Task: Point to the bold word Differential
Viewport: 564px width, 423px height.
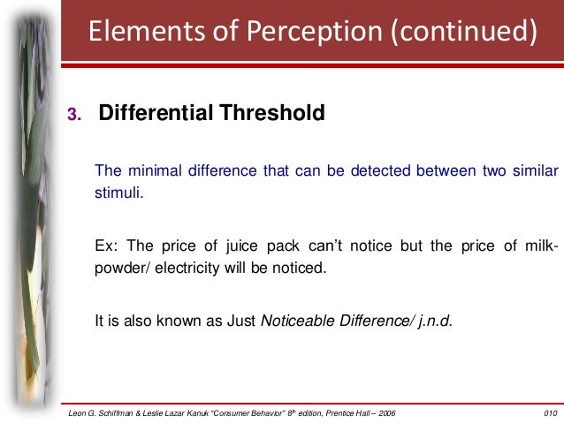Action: point(150,114)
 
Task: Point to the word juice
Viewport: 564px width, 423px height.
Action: point(232,245)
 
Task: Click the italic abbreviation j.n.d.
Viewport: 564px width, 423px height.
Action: point(433,320)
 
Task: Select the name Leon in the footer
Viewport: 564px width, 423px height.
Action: point(79,412)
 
